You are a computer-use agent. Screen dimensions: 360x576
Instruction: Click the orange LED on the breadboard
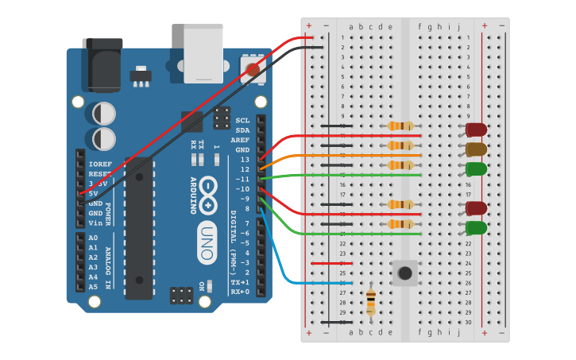pyautogui.click(x=477, y=149)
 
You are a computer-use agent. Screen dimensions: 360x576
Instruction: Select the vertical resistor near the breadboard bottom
pyautogui.click(x=371, y=301)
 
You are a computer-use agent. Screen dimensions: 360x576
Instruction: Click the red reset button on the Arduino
pyautogui.click(x=253, y=69)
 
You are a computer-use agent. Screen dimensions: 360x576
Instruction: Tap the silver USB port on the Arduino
pyautogui.click(x=203, y=53)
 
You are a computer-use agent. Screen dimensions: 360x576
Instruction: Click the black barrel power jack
pyautogui.click(x=103, y=64)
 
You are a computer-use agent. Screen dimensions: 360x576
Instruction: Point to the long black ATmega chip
pyautogui.click(x=139, y=227)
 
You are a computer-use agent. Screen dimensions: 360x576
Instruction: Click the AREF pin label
pyautogui.click(x=240, y=140)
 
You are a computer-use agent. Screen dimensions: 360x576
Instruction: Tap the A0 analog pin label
pyautogui.click(x=93, y=238)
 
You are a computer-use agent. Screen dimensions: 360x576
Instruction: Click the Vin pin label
pyautogui.click(x=95, y=223)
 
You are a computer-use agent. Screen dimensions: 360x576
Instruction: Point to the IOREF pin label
pyautogui.click(x=99, y=164)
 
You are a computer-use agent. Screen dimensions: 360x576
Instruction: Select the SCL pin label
pyautogui.click(x=242, y=121)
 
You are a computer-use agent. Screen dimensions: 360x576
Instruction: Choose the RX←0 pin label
pyautogui.click(x=239, y=292)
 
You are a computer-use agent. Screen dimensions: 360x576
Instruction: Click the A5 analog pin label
pyautogui.click(x=93, y=287)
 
